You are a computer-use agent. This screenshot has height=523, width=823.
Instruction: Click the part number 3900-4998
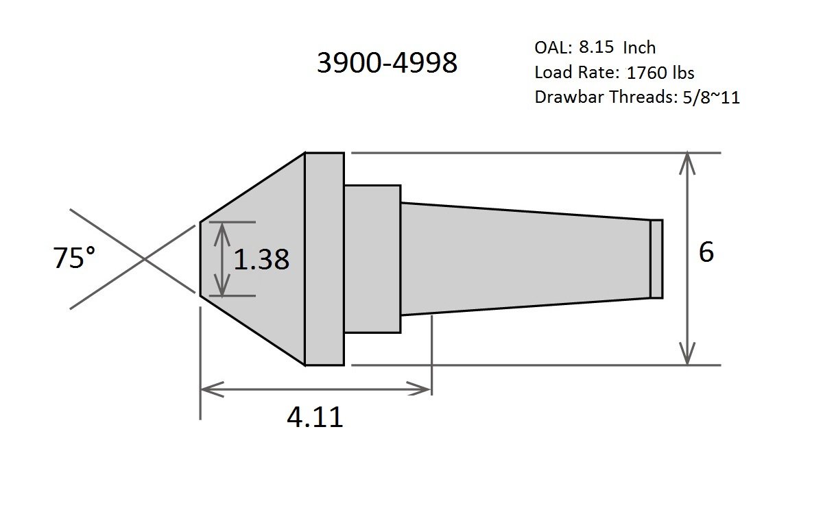point(386,63)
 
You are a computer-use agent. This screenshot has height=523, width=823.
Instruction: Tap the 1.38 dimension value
point(261,260)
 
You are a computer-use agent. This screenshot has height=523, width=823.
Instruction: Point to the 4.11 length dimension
point(315,416)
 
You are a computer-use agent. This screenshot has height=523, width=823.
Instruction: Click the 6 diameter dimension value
point(706,252)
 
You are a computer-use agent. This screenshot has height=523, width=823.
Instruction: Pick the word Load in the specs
point(550,73)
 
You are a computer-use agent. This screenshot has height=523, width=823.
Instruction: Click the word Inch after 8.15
point(639,48)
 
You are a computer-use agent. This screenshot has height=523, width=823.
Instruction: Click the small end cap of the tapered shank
point(656,259)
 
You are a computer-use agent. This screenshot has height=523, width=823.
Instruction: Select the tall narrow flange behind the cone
point(324,259)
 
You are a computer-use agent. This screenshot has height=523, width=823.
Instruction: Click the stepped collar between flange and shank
point(372,259)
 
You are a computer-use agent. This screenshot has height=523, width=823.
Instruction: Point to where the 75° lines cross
point(143,259)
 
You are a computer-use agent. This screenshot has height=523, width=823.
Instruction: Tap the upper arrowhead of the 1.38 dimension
point(221,229)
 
